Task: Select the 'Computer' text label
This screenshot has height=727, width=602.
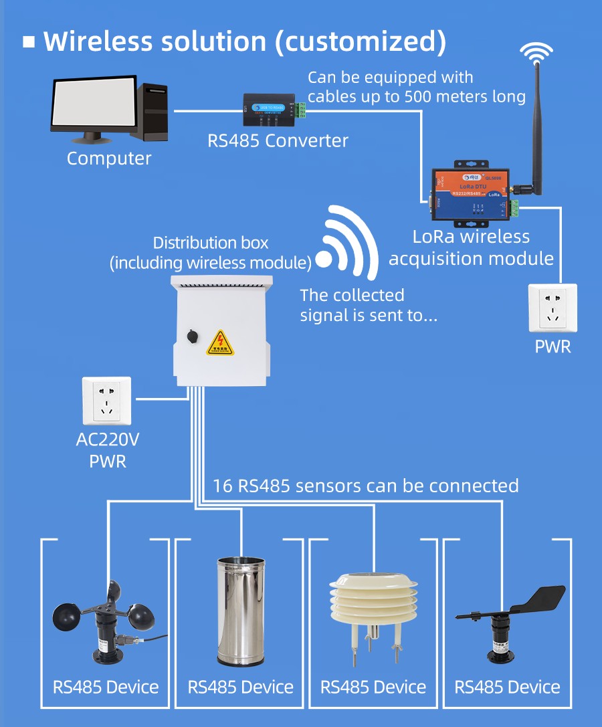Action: [x=109, y=159]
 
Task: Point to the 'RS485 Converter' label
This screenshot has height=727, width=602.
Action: [x=278, y=141]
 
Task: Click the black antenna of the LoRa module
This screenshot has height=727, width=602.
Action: [x=536, y=127]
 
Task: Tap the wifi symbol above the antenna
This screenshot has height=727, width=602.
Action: [x=537, y=52]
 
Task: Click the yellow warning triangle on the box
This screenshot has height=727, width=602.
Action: [x=219, y=342]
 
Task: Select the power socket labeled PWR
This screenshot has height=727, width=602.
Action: [x=553, y=308]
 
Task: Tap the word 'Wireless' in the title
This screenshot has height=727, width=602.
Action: [x=98, y=41]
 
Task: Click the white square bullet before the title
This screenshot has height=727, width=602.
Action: [x=29, y=42]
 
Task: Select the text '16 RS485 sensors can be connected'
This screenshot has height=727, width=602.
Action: [x=365, y=486]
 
